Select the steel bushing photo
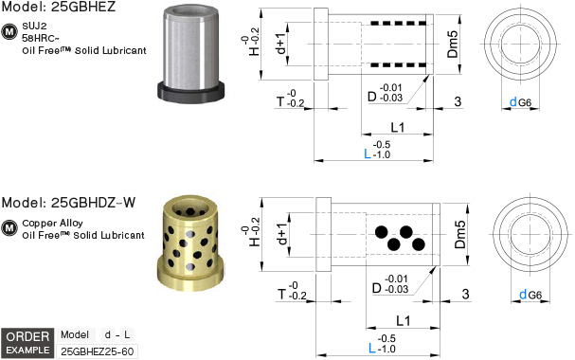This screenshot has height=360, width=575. [x=190, y=54]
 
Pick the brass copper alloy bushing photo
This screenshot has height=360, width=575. [x=190, y=244]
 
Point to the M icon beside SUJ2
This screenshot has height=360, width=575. [x=9, y=32]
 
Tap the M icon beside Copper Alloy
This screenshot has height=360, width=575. [x=9, y=227]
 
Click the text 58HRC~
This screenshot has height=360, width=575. [x=41, y=38]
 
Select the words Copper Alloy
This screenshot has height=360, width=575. [x=52, y=224]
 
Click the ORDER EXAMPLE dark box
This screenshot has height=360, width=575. [x=27, y=343]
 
